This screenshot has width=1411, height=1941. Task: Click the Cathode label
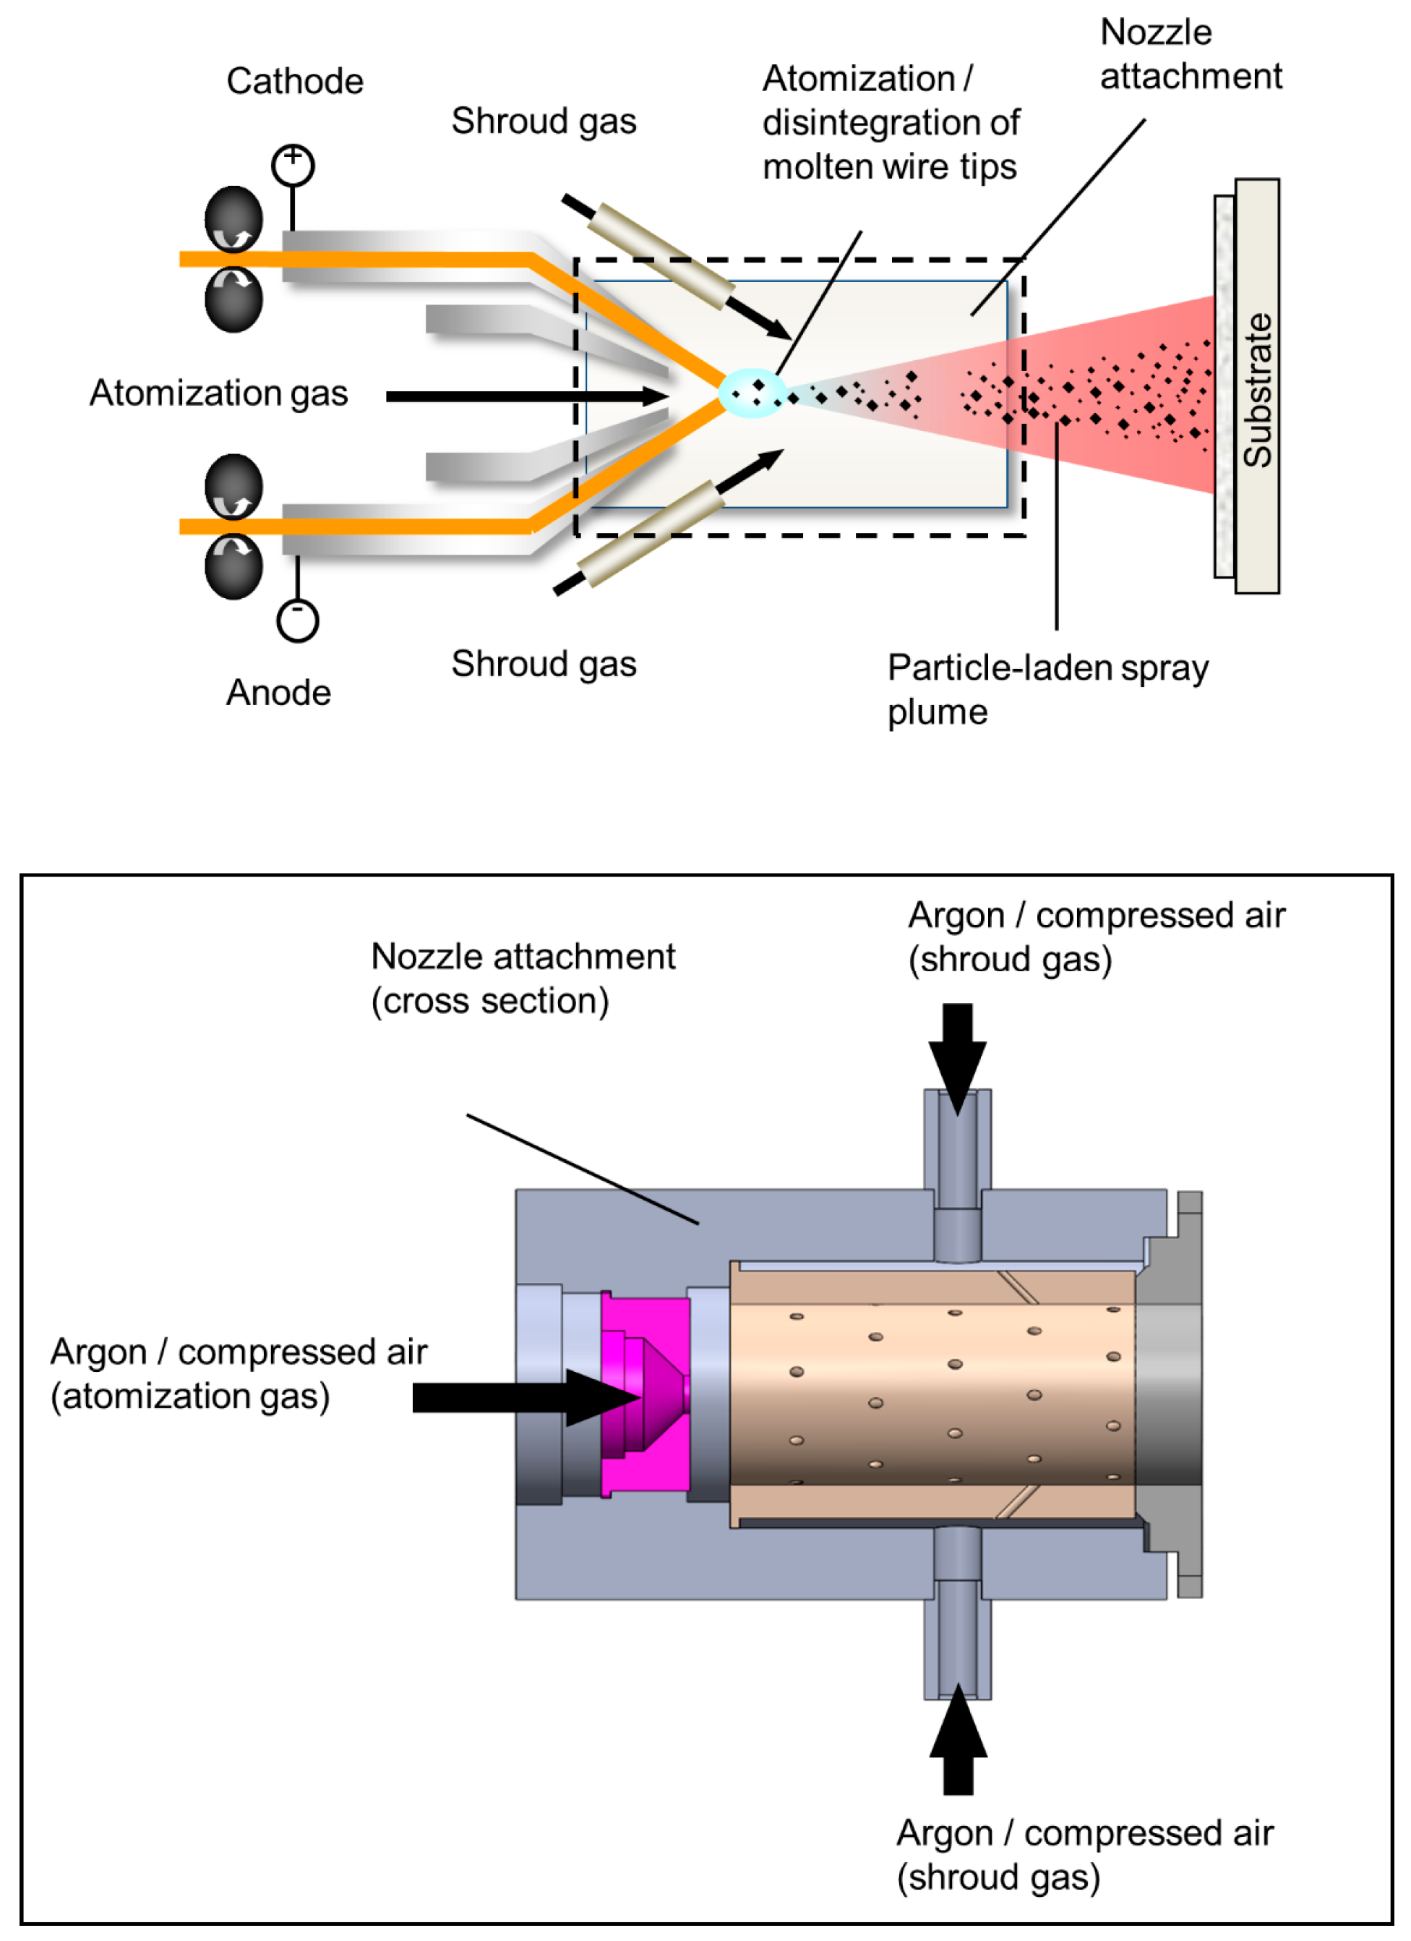pos(294,81)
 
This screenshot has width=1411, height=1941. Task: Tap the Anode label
pos(278,692)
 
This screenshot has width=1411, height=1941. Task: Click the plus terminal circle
pos(293,164)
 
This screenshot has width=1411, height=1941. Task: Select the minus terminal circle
pos(297,620)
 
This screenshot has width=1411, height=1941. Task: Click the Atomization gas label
pos(218,393)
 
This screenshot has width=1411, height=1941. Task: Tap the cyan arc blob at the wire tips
pos(751,393)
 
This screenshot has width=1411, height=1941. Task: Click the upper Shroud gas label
pos(544,121)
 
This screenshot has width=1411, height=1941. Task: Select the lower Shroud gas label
pos(544,663)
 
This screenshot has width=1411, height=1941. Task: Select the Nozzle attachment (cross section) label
pos(522,978)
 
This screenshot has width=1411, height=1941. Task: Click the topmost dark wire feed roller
pos(233,218)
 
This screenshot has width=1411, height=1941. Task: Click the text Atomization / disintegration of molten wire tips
pos(890,121)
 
